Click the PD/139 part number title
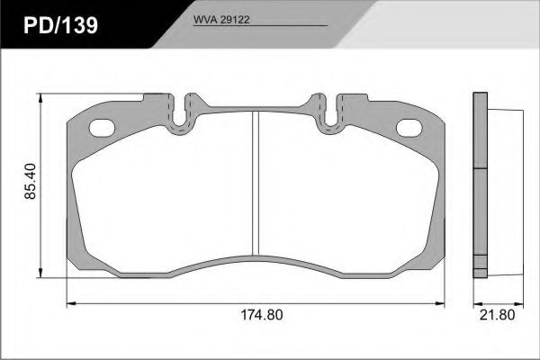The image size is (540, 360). [60, 25]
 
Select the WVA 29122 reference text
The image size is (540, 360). [221, 20]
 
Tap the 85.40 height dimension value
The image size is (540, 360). [31, 182]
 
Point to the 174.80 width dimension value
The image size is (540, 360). [262, 314]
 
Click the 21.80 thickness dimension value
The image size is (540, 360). [498, 314]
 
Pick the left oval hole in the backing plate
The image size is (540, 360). [102, 128]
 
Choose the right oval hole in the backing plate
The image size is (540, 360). [409, 128]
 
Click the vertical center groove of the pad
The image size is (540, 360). [256, 184]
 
